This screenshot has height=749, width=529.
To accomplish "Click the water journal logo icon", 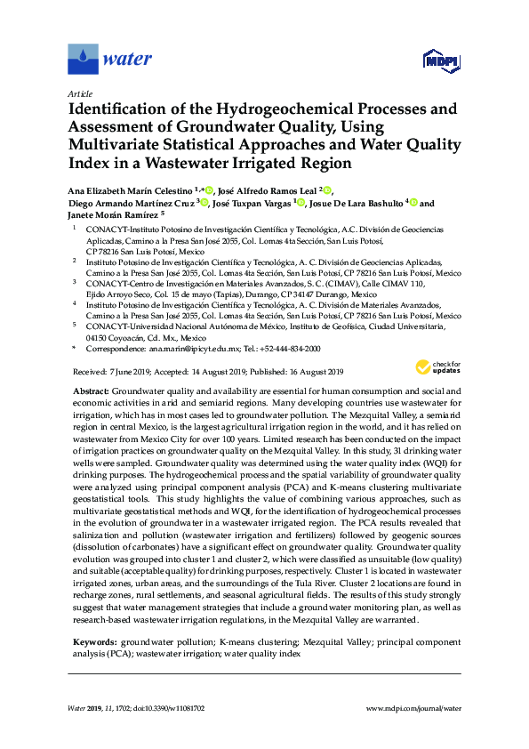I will pos(83,60).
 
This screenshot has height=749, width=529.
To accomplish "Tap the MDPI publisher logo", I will pos(443,61).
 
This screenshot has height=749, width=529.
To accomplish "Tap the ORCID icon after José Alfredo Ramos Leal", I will pos(326,189).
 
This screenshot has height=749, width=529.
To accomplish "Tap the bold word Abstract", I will pos(89,391).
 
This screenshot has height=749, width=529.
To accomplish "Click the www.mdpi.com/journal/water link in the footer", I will pos(414,708).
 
